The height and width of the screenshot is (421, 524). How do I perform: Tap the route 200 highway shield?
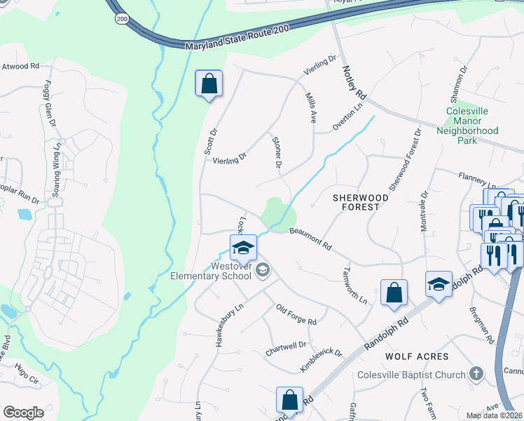(123, 19)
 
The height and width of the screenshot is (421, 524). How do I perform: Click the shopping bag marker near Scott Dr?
(209, 84)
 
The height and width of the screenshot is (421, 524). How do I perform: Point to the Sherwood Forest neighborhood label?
(360, 202)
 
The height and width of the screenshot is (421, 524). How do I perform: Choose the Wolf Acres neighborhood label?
(417, 356)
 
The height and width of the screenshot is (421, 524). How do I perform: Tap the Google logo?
(22, 413)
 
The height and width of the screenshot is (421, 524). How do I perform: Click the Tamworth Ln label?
(355, 285)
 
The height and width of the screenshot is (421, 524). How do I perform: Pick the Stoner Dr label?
(277, 152)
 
